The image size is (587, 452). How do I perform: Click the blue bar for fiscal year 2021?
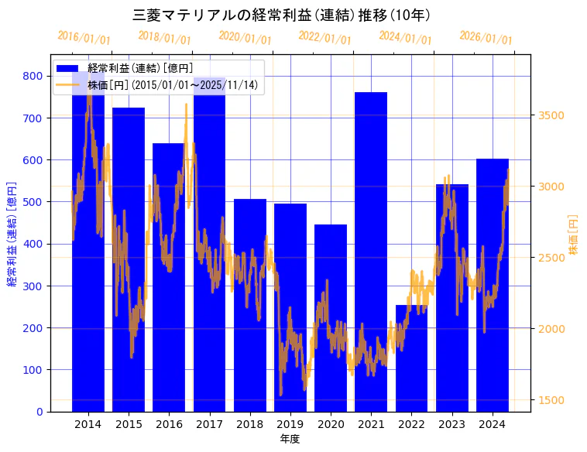point(371,232)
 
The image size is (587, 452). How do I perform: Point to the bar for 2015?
point(129,232)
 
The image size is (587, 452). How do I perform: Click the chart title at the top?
point(282,15)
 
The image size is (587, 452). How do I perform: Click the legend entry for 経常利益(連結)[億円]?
point(140,69)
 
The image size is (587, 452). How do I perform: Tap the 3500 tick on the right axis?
point(551,115)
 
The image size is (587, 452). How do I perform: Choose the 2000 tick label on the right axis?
point(551,329)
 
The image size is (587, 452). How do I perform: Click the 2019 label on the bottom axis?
point(290,424)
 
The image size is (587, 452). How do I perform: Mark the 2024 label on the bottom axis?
point(492,424)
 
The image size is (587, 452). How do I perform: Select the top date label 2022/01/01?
point(324,37)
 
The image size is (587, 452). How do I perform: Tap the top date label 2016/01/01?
point(84,37)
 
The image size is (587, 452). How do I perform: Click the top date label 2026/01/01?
point(486,37)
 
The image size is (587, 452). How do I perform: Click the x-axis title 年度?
point(290,439)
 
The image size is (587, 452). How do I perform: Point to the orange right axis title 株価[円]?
point(574,235)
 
